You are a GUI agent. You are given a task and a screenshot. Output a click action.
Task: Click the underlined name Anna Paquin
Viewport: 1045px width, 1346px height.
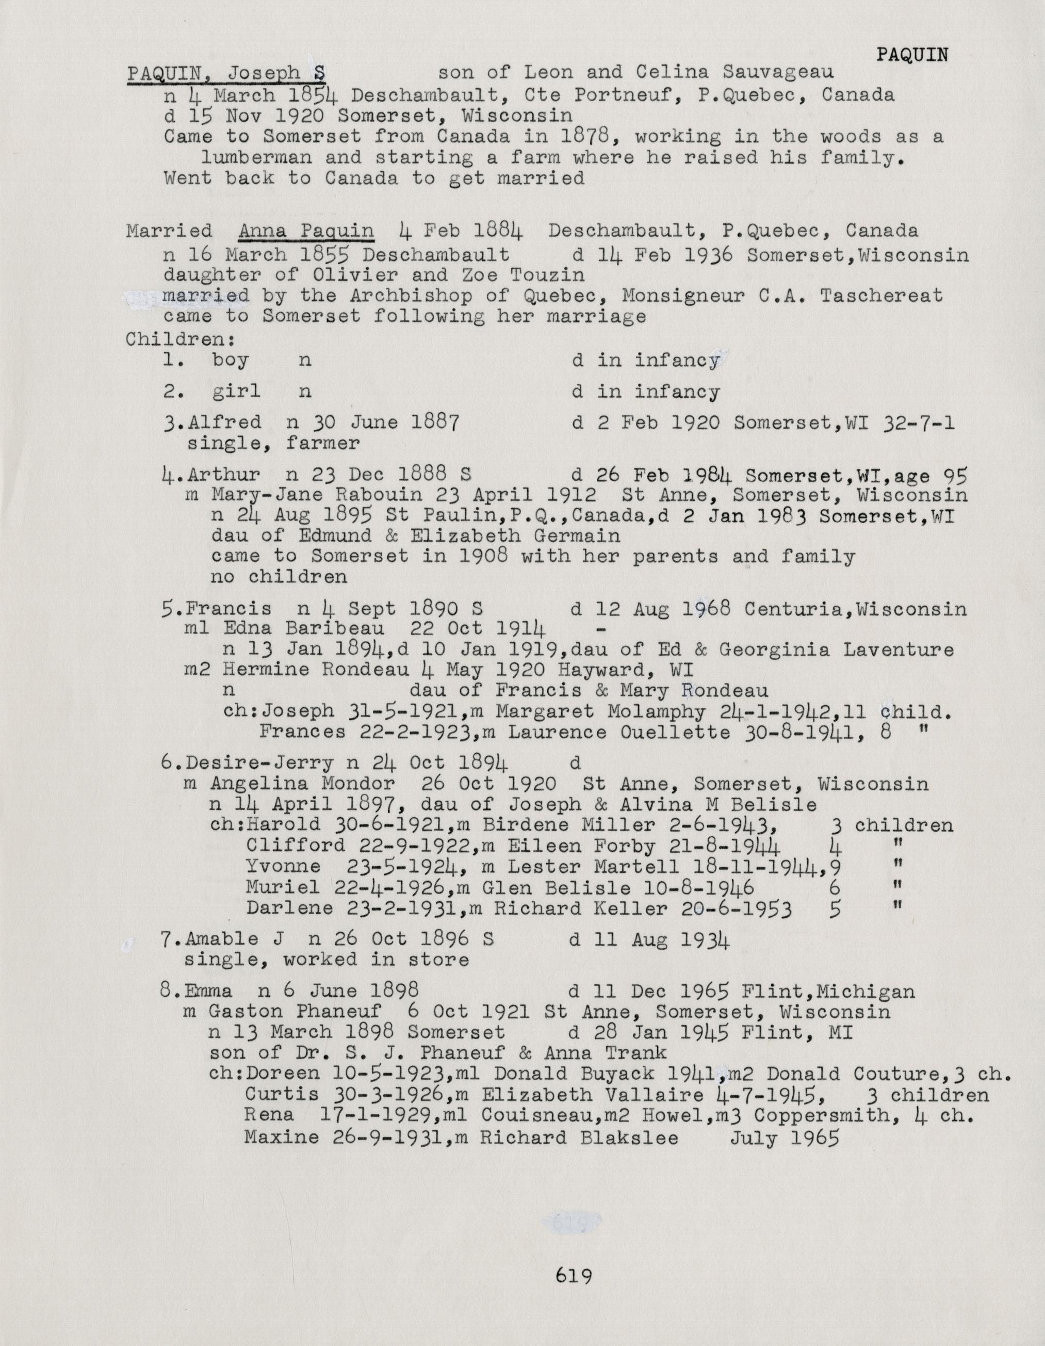pyautogui.click(x=306, y=231)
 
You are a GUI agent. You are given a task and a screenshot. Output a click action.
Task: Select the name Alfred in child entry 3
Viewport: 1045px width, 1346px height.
pyautogui.click(x=225, y=423)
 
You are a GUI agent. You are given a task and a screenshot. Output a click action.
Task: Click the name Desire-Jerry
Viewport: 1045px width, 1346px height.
pyautogui.click(x=259, y=764)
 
